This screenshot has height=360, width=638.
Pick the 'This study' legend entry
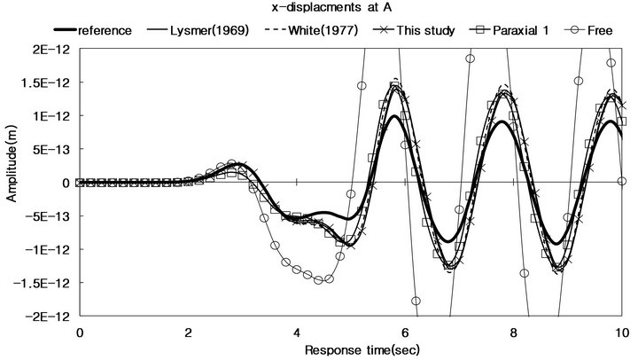pos(424,30)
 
